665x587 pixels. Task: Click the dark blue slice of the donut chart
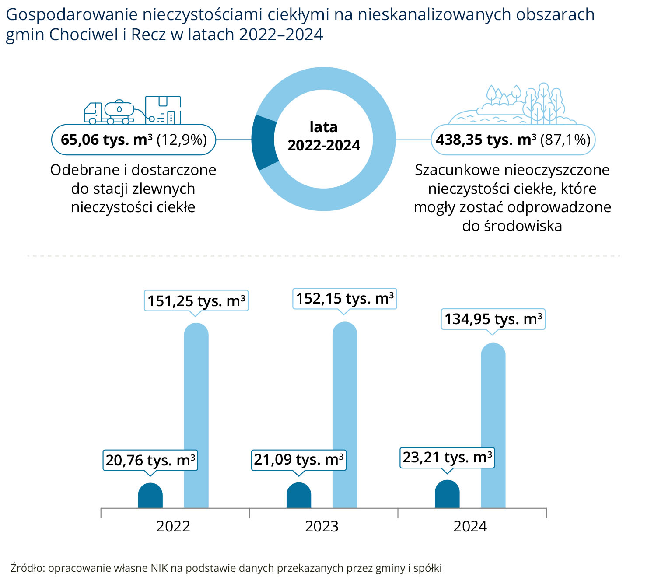pos(264,143)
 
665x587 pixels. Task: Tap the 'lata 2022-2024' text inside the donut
pos(324,136)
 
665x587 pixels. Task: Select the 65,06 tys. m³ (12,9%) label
pos(133,140)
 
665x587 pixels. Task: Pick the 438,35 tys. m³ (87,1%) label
pos(513,140)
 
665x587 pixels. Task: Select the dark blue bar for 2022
pos(150,495)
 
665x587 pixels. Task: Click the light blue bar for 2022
pos(196,416)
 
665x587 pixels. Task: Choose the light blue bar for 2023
pos(345,415)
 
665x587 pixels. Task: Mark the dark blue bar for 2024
pos(447,494)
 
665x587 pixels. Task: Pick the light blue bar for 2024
pos(493,425)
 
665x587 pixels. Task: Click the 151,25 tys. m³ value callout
pos(196,301)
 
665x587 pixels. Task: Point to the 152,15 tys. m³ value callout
pos(345,299)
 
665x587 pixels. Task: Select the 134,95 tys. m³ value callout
pos(493,319)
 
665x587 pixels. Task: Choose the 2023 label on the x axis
pos(322,527)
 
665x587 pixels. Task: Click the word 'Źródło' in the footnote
pos(28,567)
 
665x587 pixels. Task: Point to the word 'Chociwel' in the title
pos(84,35)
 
